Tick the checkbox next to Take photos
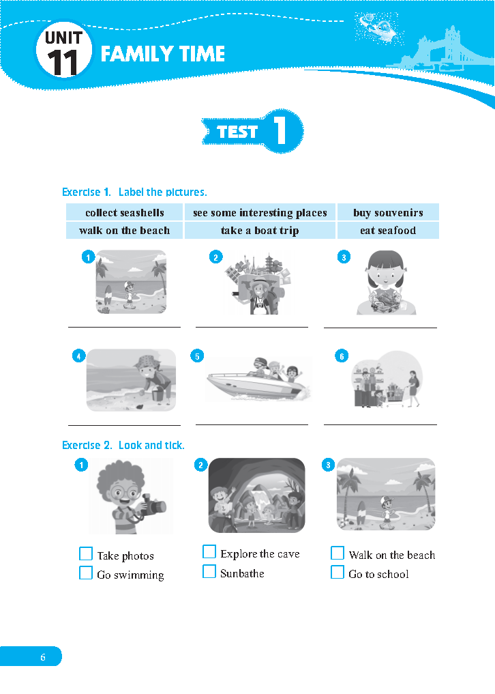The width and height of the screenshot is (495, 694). coord(86,553)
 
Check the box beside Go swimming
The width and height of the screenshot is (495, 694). coord(86,573)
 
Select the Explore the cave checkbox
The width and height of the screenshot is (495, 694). coord(209,552)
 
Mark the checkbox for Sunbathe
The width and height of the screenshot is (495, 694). coord(209,571)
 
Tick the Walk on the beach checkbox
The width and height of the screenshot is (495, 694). coord(337,553)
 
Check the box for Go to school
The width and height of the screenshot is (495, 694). coord(337,572)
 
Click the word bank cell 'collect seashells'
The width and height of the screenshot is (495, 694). coord(124,212)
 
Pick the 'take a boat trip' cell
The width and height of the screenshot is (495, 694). coord(260,231)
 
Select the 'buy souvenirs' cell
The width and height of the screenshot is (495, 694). coord(388,212)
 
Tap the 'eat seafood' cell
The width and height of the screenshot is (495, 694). coord(388,231)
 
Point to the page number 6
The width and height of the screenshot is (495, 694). coord(43,657)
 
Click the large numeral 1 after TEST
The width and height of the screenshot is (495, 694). coord(280,130)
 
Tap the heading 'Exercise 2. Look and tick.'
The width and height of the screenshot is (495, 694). coord(123,445)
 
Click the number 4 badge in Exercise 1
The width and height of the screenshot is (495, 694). coord(78,356)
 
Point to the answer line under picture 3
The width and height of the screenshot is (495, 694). coord(380,328)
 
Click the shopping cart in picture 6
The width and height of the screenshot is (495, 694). coord(395,394)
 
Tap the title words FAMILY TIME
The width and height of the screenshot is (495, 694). coord(163,54)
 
